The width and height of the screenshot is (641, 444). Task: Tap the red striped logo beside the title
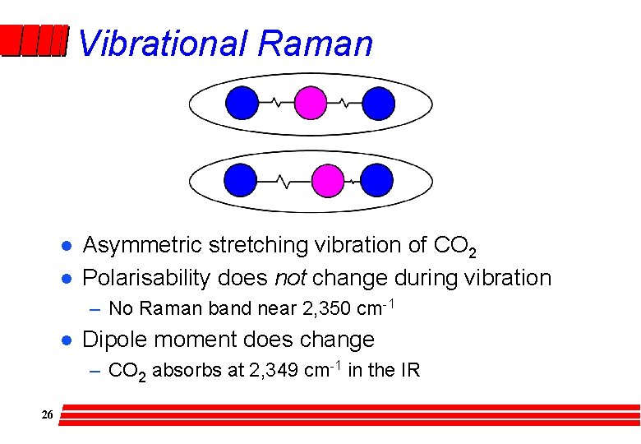pyautogui.click(x=33, y=41)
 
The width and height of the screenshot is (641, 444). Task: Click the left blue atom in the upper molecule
pyautogui.click(x=242, y=104)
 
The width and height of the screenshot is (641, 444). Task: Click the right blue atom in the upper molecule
pyautogui.click(x=379, y=104)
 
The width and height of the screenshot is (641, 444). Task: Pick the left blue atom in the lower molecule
pyautogui.click(x=242, y=180)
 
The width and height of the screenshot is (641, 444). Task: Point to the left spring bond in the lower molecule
pyautogui.click(x=285, y=180)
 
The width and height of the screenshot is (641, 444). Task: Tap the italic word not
pyautogui.click(x=290, y=278)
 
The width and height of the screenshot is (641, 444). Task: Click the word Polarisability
pyautogui.click(x=147, y=279)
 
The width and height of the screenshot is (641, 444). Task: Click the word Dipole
pyautogui.click(x=111, y=340)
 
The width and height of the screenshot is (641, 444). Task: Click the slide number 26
pyautogui.click(x=47, y=415)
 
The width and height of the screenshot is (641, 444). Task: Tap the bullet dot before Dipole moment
pyautogui.click(x=65, y=340)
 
